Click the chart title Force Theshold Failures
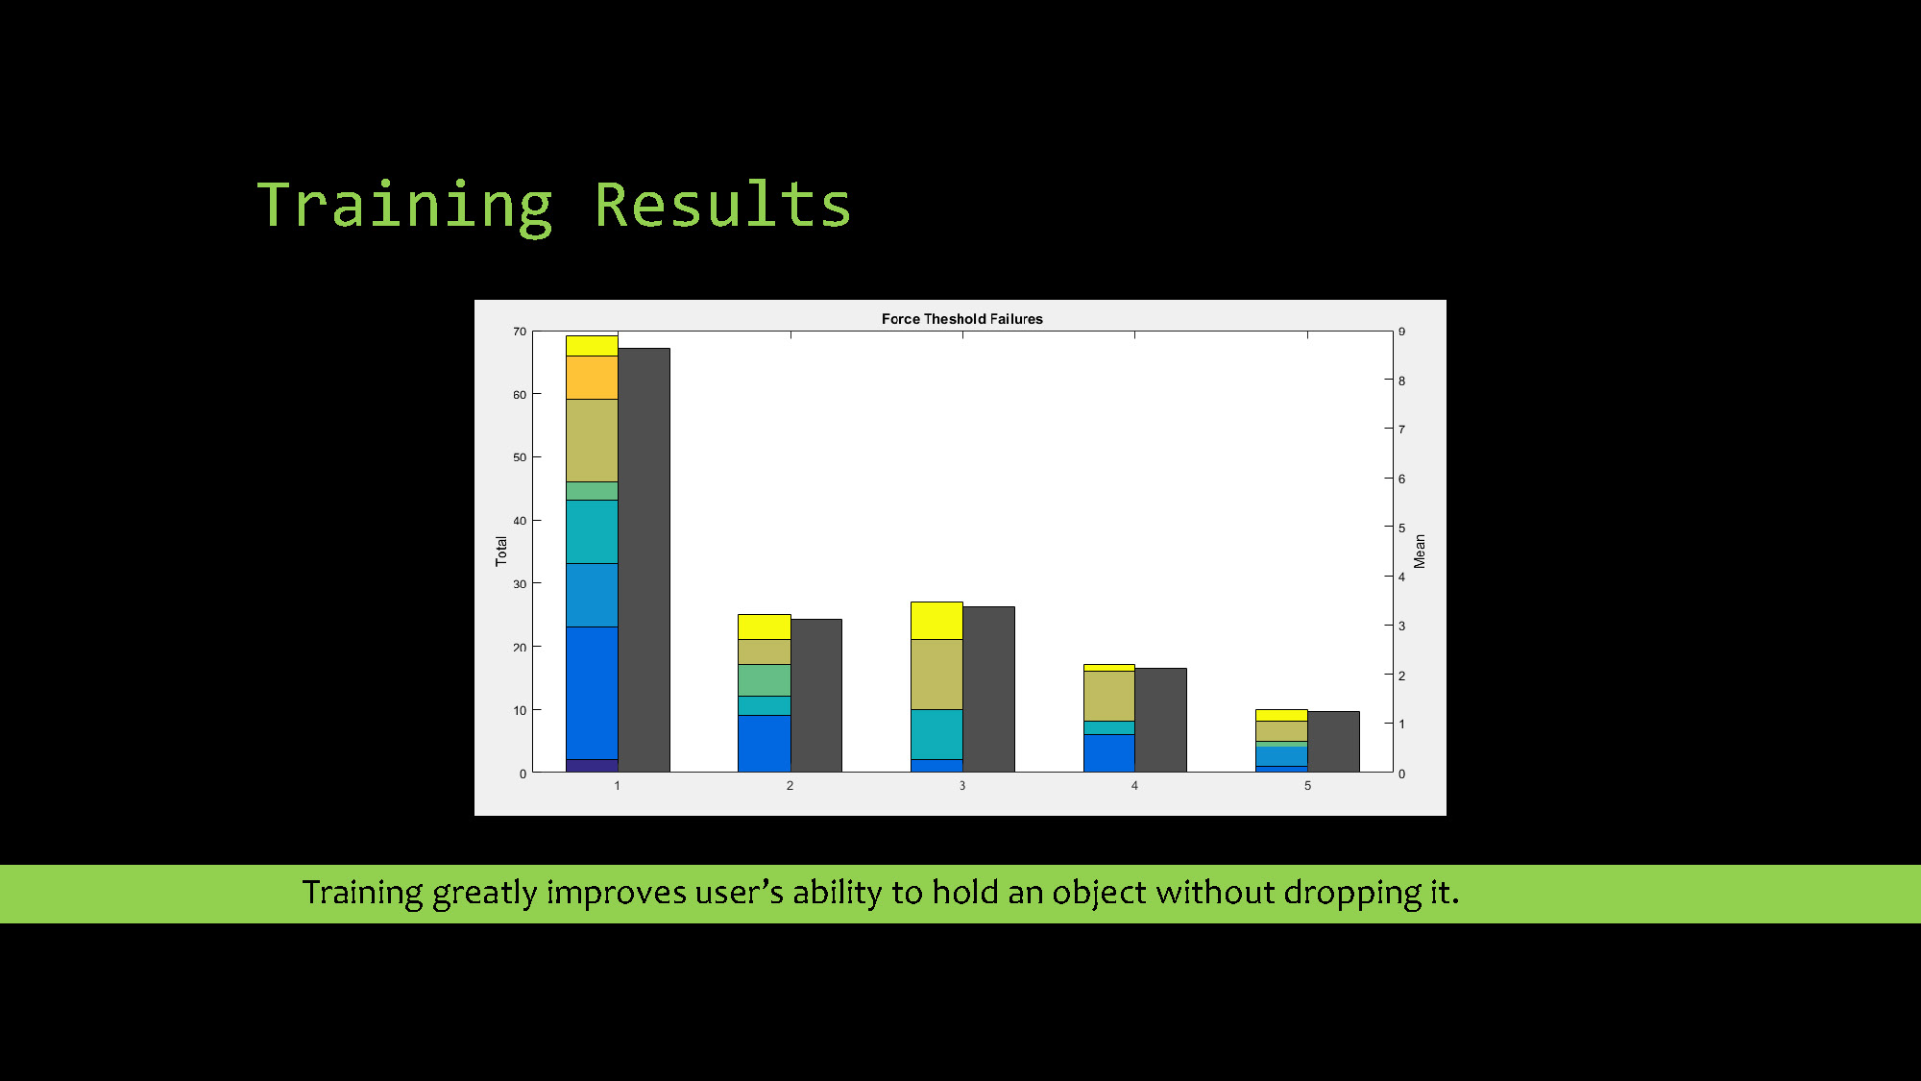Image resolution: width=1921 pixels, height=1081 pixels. click(x=961, y=319)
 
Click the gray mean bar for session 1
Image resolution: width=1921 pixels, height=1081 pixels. click(x=644, y=560)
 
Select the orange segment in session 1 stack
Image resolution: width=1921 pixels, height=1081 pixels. click(x=592, y=378)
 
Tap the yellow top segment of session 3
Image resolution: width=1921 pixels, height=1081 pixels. click(x=936, y=621)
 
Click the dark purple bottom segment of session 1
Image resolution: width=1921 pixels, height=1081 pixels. click(x=592, y=766)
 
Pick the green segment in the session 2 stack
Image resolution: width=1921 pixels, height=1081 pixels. click(x=765, y=680)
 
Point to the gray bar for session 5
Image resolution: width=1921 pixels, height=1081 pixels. click(x=1333, y=742)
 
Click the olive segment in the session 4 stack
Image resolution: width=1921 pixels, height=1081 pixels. click(x=1109, y=696)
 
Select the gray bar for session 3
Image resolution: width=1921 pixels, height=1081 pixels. click(x=988, y=689)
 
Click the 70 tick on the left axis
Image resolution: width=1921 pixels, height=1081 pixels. click(x=520, y=332)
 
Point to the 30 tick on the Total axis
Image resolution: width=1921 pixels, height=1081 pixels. click(x=520, y=584)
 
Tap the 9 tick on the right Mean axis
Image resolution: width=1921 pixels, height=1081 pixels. click(x=1401, y=332)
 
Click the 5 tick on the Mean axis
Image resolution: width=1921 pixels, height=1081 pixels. click(x=1401, y=528)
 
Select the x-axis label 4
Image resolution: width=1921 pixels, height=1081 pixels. click(x=1134, y=786)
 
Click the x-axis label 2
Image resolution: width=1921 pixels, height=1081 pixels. click(x=790, y=786)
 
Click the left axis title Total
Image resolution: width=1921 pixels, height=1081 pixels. click(x=500, y=551)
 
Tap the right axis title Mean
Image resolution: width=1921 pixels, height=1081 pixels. click(x=1420, y=552)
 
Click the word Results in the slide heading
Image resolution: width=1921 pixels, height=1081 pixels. click(x=722, y=205)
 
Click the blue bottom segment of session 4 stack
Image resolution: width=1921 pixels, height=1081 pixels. click(x=1109, y=753)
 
